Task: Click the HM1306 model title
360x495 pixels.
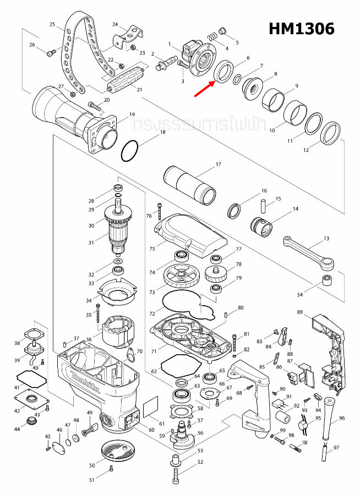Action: pos(301,29)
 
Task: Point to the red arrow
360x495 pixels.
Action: pos(205,87)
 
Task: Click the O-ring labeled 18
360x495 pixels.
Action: pos(130,151)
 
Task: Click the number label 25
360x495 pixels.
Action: pos(52,25)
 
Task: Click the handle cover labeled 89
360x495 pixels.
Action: pos(329,341)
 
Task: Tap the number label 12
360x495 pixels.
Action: pos(307,150)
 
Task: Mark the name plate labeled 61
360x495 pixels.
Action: pos(150,410)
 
